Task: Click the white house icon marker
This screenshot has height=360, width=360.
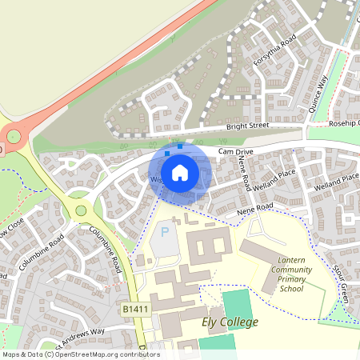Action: [180, 171]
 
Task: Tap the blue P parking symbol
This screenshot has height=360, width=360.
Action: [166, 233]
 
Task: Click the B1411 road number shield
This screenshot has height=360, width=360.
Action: [137, 308]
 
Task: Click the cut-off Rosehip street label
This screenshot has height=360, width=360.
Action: [345, 124]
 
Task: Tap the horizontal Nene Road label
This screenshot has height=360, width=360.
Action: [255, 209]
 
